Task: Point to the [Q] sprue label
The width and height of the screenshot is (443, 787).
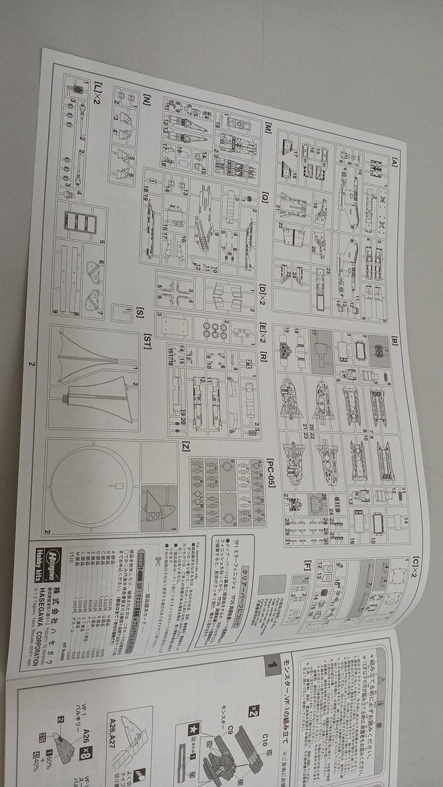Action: click(265, 198)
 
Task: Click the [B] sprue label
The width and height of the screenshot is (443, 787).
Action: click(394, 339)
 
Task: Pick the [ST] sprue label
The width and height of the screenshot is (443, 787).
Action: click(147, 344)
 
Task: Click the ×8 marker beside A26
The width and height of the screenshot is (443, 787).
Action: click(86, 752)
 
